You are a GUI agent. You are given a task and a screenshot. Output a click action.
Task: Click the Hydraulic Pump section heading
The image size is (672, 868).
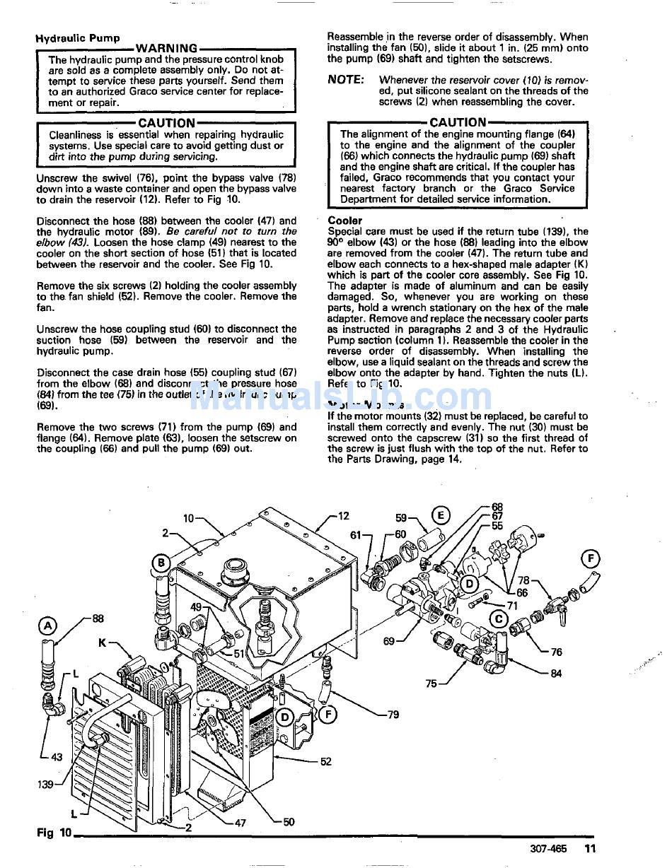78,38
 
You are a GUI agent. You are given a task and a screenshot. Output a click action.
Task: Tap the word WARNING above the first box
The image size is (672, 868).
166,48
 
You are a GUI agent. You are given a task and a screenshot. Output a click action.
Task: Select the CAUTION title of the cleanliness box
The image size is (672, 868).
166,123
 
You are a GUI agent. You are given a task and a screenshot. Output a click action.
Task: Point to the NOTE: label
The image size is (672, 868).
346,80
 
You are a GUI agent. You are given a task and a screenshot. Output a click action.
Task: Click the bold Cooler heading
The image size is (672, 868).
344,221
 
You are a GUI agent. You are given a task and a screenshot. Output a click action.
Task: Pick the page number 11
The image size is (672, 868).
591,849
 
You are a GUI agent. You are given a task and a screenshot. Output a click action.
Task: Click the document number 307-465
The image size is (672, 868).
548,849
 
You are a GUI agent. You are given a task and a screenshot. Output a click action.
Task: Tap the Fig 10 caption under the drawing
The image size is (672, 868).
54,833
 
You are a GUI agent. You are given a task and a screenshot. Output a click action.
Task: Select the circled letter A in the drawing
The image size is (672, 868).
47,626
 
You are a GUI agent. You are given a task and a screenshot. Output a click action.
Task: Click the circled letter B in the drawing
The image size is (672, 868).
161,563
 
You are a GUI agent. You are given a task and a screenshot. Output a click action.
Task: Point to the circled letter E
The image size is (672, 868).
440,515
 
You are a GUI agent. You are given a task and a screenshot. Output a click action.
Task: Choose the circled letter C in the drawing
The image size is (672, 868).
499,619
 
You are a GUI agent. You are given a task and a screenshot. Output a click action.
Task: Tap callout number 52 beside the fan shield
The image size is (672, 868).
325,761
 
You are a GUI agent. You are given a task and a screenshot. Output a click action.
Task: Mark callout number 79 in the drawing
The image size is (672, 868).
393,715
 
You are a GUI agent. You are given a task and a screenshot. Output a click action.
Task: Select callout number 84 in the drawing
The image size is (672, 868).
556,674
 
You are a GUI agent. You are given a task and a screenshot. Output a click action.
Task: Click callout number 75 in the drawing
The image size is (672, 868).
431,684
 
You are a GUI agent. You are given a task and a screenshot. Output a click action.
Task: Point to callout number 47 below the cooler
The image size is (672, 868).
240,823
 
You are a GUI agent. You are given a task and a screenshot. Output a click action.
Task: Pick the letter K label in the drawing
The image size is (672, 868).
103,643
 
